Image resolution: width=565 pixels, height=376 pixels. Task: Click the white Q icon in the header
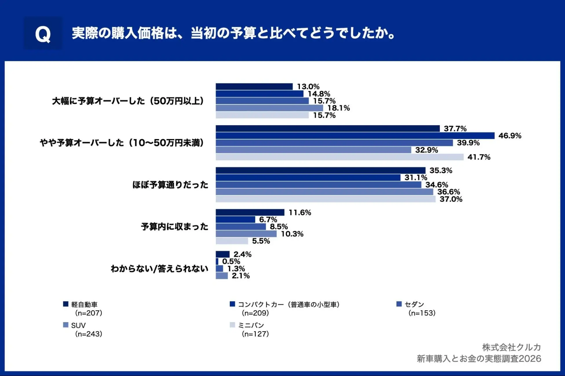[x=43, y=34]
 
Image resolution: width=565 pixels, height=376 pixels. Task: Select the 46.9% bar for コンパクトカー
[x=355, y=136]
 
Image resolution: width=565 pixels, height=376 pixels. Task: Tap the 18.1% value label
[x=338, y=108]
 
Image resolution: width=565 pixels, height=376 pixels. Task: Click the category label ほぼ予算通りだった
[x=170, y=185]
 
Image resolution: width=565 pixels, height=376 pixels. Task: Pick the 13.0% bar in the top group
[x=254, y=86]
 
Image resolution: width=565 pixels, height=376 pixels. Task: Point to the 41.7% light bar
[x=340, y=157]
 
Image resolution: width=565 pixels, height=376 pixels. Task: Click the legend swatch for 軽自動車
[x=66, y=304]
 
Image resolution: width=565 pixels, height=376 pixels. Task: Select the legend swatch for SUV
[x=66, y=325]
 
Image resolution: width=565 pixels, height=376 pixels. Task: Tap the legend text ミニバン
[x=251, y=325]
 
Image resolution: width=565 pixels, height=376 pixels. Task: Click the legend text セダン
[x=414, y=304]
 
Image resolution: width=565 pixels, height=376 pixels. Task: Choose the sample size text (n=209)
[x=255, y=313]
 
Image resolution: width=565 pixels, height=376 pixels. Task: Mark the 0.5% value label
[x=231, y=261]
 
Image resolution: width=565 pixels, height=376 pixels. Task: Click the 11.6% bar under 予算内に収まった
[x=250, y=213]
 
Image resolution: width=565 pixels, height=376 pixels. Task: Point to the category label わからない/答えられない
[x=159, y=269]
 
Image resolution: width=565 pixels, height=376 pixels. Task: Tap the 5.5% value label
[x=261, y=241]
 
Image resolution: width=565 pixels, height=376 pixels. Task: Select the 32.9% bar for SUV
[x=314, y=150]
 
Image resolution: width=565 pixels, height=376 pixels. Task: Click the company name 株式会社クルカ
[x=511, y=347]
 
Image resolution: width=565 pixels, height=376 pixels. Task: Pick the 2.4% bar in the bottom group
[x=223, y=254]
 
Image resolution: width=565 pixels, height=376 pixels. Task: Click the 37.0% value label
[x=451, y=199]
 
